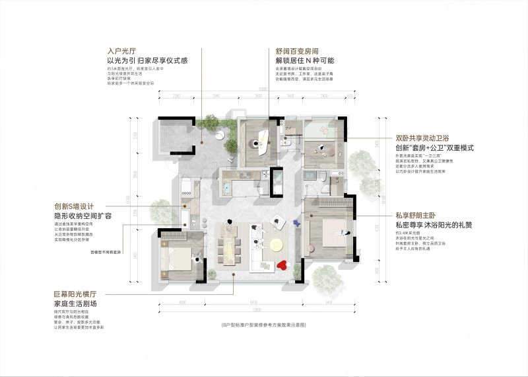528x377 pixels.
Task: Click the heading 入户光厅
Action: pos(121,50)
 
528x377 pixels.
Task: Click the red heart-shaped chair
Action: pos(282,266)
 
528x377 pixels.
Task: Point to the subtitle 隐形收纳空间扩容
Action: pos(81,216)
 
